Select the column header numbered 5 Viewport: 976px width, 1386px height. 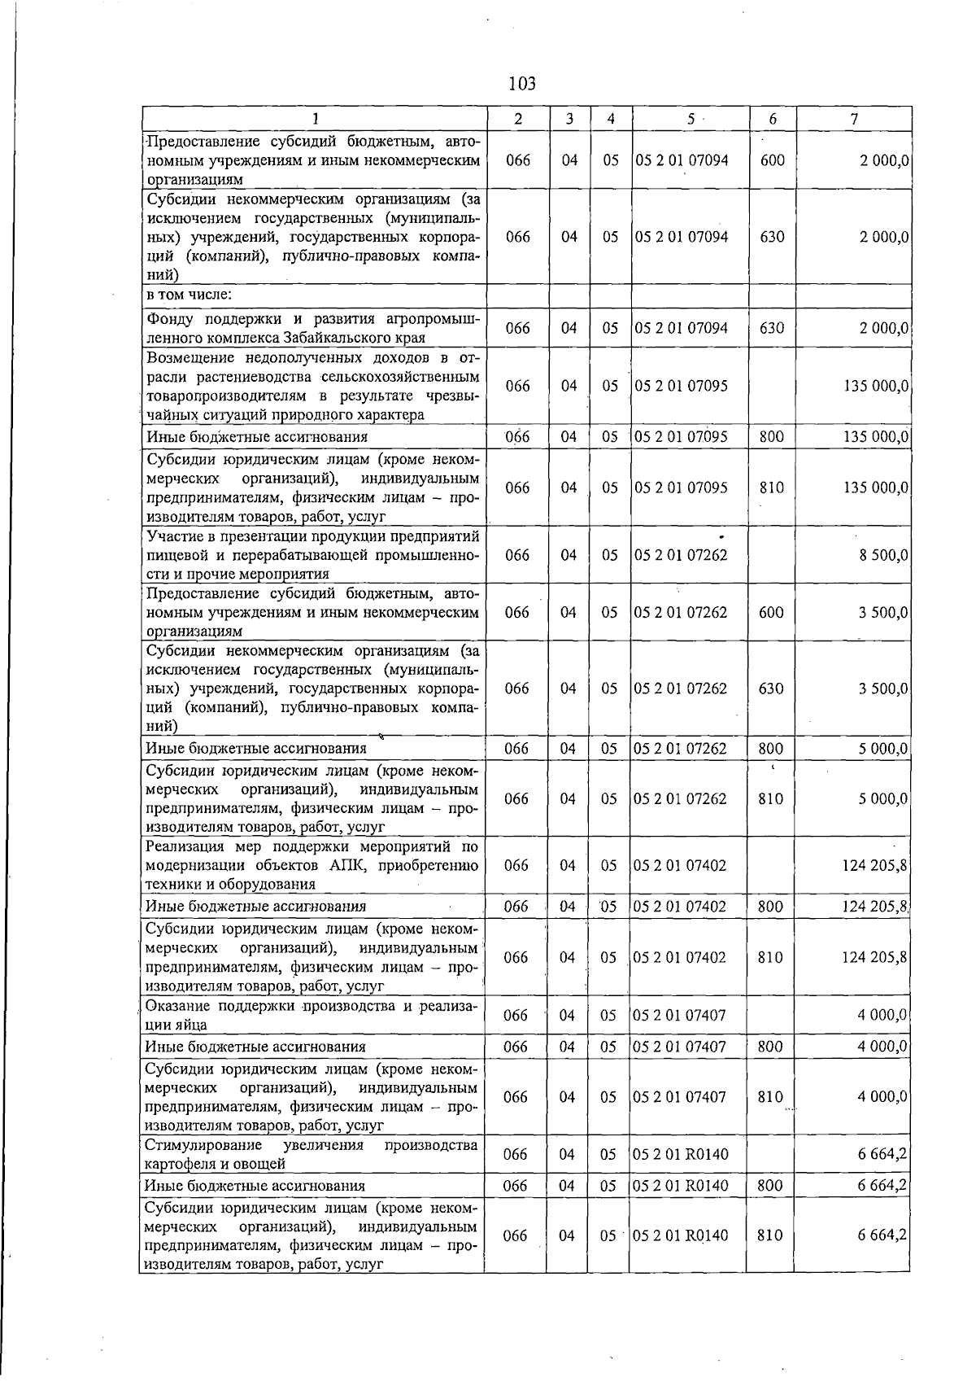coord(690,119)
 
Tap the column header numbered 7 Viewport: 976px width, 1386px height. coord(853,119)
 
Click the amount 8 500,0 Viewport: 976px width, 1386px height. coord(882,555)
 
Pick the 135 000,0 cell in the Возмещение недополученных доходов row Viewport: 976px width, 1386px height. coord(875,386)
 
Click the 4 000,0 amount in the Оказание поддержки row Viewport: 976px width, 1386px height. coord(882,1015)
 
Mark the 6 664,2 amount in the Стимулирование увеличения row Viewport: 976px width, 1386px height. coord(882,1154)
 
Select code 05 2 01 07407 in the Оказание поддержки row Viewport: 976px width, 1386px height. coord(680,1015)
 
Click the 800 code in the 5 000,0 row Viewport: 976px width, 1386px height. coord(770,748)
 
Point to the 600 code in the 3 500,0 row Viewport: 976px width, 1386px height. coord(771,612)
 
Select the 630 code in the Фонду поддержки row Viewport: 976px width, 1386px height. coord(771,328)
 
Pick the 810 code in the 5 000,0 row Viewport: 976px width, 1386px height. coord(770,799)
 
